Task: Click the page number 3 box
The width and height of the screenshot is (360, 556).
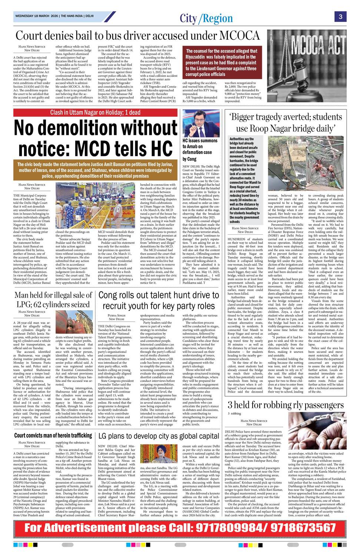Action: (340, 16)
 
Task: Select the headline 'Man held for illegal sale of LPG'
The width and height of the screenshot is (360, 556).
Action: (53, 300)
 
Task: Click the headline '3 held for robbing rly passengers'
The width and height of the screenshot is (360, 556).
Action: (286, 404)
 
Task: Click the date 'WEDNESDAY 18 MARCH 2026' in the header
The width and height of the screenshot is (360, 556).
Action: (36, 16)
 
